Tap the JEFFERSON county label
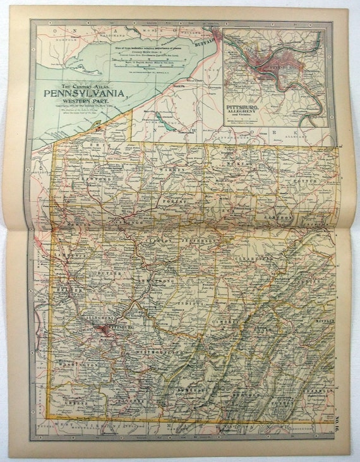tap(199, 242)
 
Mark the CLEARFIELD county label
tap(256, 259)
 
